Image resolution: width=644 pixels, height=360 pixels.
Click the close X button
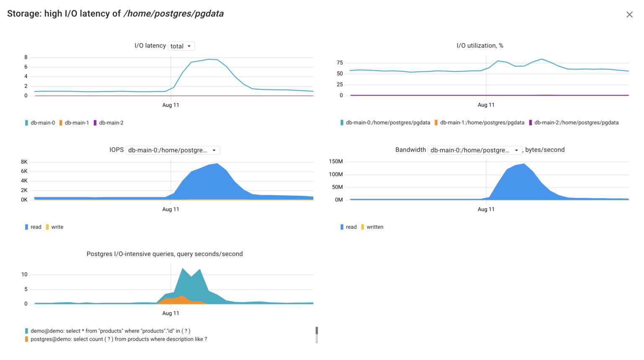629,15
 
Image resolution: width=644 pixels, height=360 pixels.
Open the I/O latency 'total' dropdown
181,46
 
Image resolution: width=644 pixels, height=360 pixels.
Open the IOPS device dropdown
172,150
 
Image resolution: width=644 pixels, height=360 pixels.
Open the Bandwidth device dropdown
475,150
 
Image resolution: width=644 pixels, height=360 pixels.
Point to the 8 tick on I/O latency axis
26,57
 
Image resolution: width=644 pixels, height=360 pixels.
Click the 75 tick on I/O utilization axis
340,63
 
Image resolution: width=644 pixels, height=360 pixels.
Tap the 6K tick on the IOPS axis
24,171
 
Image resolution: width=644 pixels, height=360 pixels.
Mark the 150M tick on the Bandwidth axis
336,162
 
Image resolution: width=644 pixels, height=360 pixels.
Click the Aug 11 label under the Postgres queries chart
171,313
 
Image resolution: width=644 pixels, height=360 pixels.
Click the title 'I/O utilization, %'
480,46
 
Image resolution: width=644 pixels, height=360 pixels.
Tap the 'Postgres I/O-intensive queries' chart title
164,254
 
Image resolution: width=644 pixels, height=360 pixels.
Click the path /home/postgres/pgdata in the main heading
174,14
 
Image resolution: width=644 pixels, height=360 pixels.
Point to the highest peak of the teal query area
183,269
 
